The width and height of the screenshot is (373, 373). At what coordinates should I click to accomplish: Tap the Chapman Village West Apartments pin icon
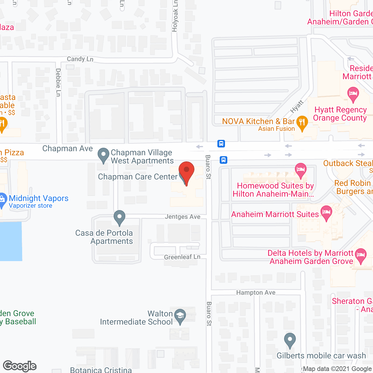click(103, 155)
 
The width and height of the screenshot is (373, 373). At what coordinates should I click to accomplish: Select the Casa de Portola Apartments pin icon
click(119, 217)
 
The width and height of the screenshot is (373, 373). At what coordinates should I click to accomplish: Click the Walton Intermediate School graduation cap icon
click(180, 316)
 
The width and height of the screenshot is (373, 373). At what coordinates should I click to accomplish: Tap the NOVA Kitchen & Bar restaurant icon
click(302, 123)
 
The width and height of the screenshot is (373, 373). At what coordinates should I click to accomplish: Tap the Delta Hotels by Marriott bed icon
click(361, 255)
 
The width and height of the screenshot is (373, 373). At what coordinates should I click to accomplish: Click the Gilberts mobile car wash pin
click(290, 340)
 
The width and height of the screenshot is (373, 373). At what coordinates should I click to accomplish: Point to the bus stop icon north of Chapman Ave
click(221, 144)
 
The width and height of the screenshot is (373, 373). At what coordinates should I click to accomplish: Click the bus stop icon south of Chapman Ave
click(224, 160)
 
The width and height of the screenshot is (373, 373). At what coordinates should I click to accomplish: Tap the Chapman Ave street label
click(68, 149)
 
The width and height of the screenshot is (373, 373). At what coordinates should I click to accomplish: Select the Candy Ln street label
click(80, 59)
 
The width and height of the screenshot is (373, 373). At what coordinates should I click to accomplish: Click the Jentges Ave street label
click(182, 217)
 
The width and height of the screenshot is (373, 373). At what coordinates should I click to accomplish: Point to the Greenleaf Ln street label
click(182, 257)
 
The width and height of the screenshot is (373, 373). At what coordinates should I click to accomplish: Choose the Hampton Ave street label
click(256, 293)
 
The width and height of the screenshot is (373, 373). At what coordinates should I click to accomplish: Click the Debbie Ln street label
click(58, 82)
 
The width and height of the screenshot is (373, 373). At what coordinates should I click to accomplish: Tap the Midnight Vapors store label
click(38, 198)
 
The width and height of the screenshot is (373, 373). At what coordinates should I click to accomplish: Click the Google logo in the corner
click(20, 366)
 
